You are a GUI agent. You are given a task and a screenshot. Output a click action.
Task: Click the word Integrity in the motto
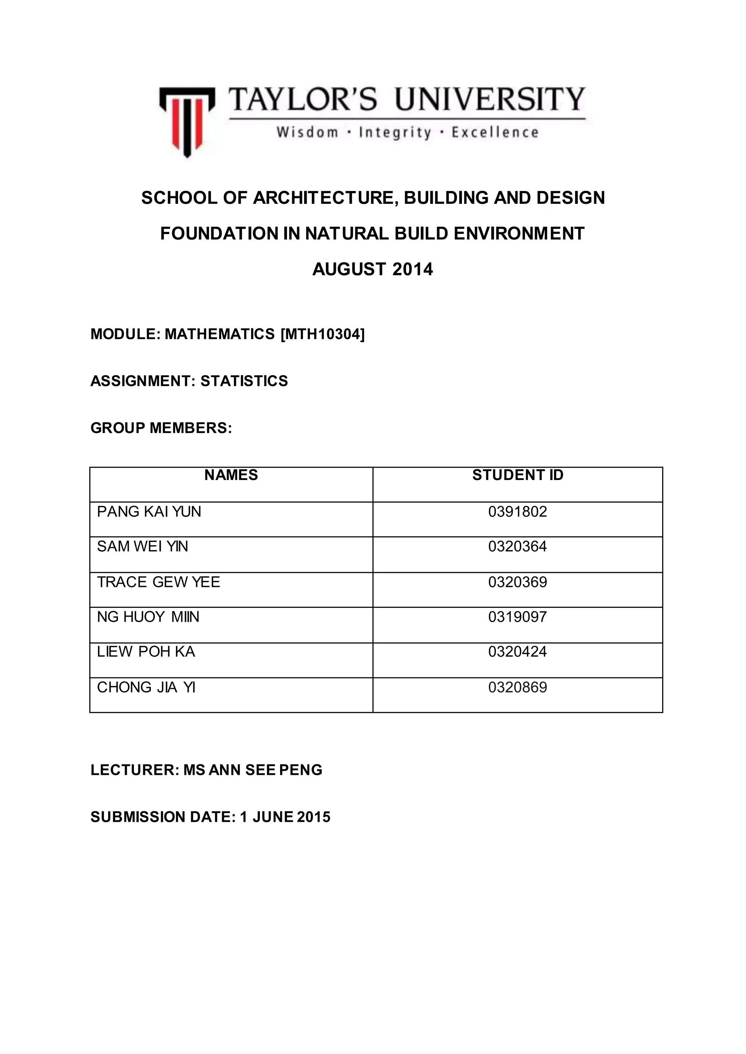395,133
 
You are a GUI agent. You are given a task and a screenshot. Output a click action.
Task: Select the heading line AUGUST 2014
373,269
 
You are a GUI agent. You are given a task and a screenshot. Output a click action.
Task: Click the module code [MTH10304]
322,334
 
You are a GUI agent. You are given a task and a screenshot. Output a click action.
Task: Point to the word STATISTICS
244,381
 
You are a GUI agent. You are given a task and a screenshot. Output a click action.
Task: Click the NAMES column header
231,475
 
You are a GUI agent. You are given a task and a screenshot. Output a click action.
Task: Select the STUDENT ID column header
518,475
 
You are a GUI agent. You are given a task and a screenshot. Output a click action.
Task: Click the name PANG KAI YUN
149,511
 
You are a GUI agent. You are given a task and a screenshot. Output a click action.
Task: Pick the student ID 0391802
518,511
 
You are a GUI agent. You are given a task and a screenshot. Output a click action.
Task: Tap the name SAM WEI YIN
142,546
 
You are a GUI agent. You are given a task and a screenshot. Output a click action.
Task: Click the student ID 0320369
518,582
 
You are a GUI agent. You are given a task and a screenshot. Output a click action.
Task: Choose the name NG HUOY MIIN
148,617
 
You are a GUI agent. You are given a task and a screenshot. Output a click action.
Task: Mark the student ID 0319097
518,617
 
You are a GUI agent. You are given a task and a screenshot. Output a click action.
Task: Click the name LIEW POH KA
146,652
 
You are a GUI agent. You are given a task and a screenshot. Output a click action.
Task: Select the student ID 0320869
518,687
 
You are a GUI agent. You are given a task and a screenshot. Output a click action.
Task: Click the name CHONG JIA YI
146,687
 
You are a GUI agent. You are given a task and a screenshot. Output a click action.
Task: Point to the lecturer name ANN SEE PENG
266,770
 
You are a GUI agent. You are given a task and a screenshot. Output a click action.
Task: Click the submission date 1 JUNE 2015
285,817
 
